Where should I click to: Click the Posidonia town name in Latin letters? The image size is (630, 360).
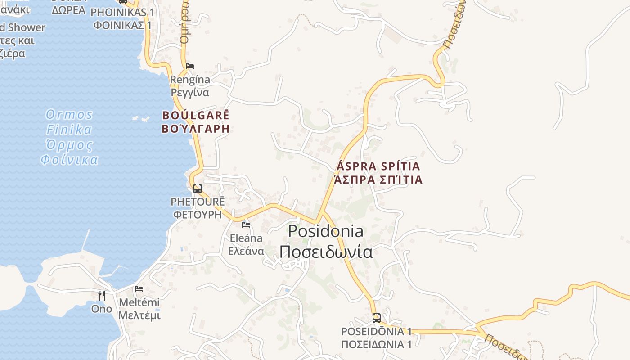point(326,231)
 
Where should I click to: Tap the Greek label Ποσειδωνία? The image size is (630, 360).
point(326,252)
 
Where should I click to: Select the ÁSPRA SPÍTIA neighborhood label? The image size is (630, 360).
point(378,166)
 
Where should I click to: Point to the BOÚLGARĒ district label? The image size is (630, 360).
point(196,115)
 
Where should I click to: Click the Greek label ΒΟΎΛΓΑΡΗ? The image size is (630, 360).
point(196,129)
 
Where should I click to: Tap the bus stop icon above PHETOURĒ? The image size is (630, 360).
point(198,189)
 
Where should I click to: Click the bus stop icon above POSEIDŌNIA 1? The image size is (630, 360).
point(377,318)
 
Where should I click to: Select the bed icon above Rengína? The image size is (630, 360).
point(190,66)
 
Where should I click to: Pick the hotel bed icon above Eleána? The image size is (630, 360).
point(246,225)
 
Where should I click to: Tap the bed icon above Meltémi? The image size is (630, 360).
point(139,289)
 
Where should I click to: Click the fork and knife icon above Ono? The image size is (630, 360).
point(102,296)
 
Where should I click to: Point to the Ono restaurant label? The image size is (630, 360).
point(102,309)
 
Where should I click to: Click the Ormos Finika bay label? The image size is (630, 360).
point(69,122)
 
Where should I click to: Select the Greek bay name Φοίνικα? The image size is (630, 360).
point(69,160)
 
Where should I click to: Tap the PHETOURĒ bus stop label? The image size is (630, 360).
point(198,202)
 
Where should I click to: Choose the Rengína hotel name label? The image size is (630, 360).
point(190,80)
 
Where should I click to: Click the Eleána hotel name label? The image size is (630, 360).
point(246,238)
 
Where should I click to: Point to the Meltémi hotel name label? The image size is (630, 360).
point(139,302)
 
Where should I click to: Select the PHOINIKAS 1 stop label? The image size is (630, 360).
point(122,12)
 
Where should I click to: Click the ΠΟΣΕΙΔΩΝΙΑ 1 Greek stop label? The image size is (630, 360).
point(377,345)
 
